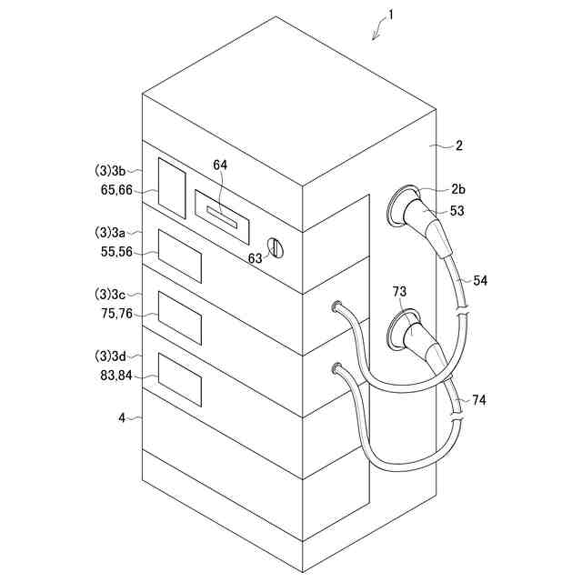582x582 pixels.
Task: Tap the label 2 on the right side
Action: coord(459,145)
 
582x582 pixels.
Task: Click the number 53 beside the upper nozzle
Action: coord(458,211)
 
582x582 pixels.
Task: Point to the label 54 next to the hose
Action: coord(480,280)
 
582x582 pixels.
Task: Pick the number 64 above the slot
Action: coord(221,165)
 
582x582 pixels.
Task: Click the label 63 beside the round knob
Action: coord(256,258)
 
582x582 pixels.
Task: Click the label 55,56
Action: coord(114,252)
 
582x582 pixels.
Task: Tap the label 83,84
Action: coord(114,374)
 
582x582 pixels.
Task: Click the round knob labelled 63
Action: coord(277,246)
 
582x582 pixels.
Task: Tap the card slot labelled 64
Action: coord(221,216)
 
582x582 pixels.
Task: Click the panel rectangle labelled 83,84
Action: coord(179,378)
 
